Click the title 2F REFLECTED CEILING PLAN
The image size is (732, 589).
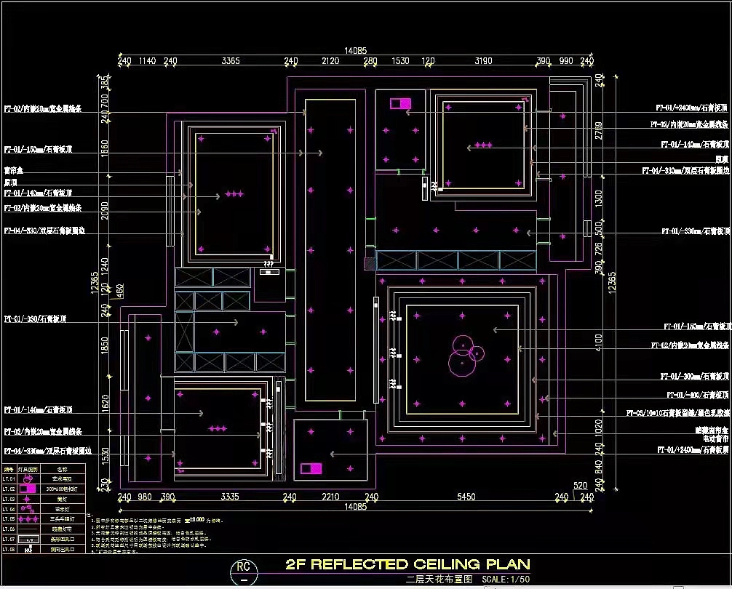coord(407,564)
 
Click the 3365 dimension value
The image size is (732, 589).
coord(231,62)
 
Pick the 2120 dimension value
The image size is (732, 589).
coord(330,62)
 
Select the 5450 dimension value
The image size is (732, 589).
coord(466,497)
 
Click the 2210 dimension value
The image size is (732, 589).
coord(330,497)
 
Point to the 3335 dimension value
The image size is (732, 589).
coord(230,497)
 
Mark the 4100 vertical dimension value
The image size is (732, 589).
coord(599,340)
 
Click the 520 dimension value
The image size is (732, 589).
coord(580,486)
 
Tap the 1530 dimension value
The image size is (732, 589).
coord(400,62)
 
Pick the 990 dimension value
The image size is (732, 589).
coord(566,62)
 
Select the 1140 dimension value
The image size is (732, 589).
coord(147,62)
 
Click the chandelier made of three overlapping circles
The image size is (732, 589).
coord(464,353)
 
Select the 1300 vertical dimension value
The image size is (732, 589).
coord(599,197)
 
